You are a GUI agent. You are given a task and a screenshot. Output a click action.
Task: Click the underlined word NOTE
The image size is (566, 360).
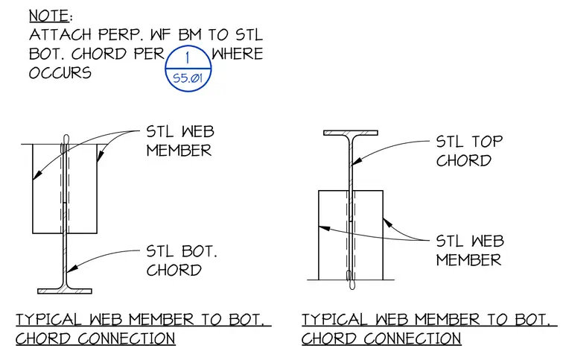[x=48, y=16]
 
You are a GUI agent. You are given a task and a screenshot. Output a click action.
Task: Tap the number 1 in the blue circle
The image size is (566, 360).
[x=188, y=58]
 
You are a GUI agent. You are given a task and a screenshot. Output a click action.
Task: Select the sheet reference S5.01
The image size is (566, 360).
[x=188, y=78]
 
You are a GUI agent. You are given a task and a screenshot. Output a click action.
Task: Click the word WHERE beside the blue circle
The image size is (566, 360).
[x=237, y=54]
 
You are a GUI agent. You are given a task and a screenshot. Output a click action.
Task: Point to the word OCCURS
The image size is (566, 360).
[x=60, y=73]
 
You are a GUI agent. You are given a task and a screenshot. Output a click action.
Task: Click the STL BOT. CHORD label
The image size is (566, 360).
[x=182, y=261]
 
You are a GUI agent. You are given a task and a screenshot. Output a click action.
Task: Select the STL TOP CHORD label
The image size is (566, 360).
[x=469, y=151]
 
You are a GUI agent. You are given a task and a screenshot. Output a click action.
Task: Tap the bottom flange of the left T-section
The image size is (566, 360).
[x=65, y=291]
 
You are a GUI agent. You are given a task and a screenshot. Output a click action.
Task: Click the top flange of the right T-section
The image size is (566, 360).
[x=351, y=133]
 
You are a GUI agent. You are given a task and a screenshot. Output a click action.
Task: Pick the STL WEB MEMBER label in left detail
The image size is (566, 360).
[x=179, y=141]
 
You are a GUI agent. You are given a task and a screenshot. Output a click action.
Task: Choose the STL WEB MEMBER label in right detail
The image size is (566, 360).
[x=470, y=250]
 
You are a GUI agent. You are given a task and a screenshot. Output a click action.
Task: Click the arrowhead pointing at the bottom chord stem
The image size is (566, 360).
[x=71, y=268]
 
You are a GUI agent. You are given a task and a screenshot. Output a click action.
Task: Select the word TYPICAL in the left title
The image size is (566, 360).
[x=48, y=320]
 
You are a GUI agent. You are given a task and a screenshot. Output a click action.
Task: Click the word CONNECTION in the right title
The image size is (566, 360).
[x=413, y=338]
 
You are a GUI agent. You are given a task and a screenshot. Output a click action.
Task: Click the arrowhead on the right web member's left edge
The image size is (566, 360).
[x=325, y=228]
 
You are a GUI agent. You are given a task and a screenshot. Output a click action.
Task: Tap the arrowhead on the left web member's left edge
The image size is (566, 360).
[x=37, y=174]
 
